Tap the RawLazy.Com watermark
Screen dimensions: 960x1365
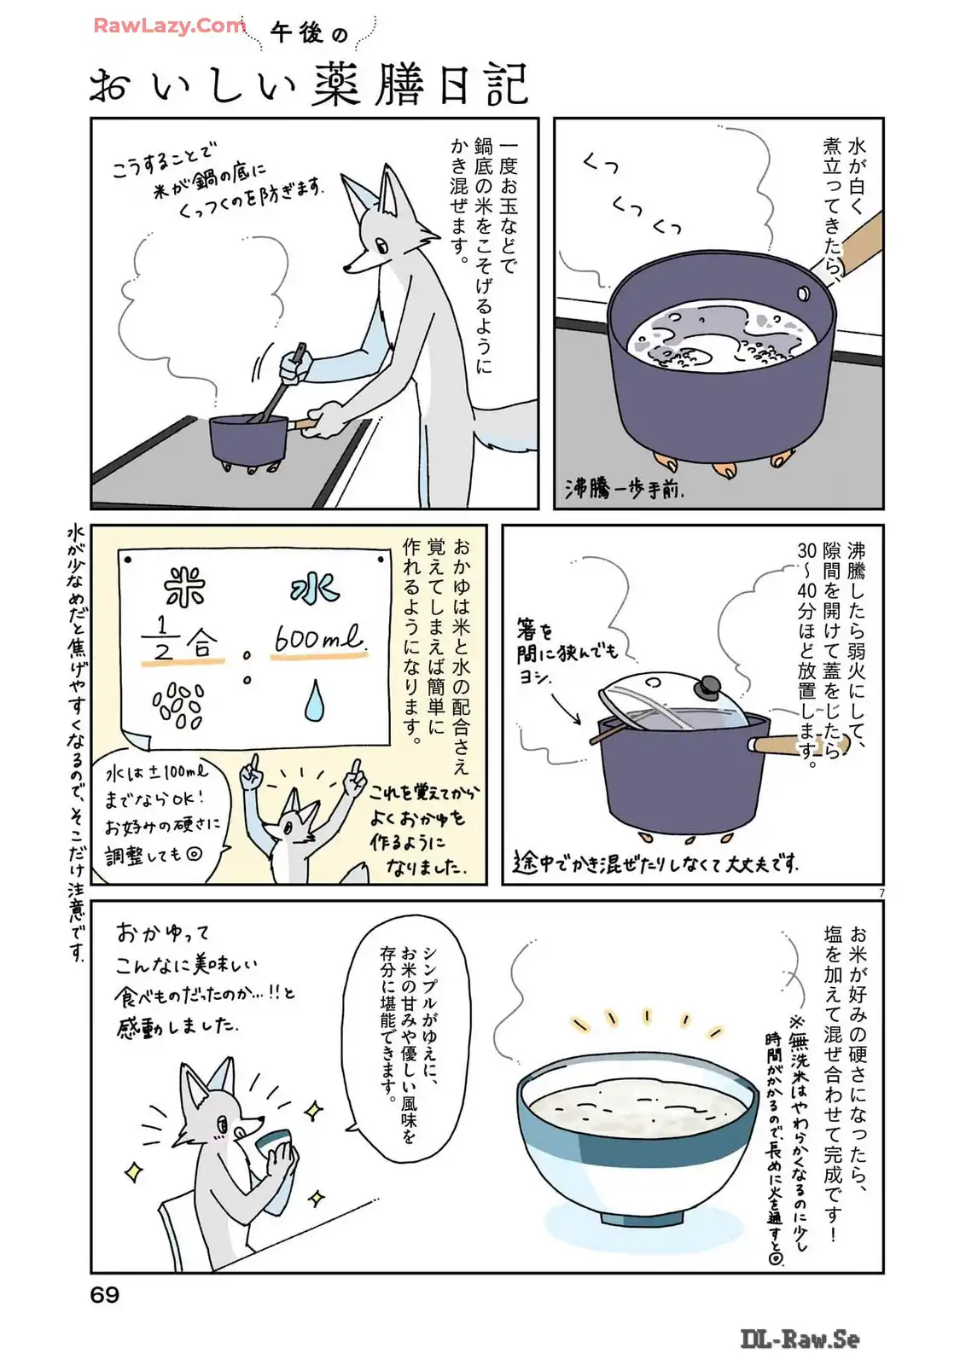tap(170, 26)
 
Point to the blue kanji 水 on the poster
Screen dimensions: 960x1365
tap(315, 589)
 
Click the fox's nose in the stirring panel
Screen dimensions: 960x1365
tap(346, 267)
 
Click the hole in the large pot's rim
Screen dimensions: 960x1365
tap(803, 294)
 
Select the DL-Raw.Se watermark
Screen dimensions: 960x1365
tap(800, 1339)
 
